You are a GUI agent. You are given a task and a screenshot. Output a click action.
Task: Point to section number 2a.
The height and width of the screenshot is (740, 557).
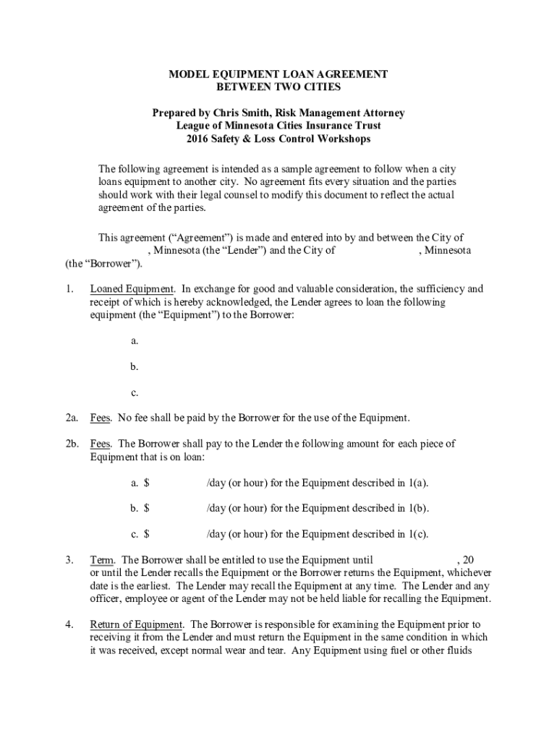(x=71, y=418)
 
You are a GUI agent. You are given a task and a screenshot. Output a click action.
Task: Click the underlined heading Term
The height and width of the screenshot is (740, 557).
(x=102, y=559)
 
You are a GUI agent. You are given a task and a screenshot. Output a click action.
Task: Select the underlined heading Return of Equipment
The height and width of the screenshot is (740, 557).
(x=136, y=624)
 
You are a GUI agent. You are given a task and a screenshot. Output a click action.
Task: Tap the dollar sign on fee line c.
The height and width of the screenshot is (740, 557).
(x=146, y=535)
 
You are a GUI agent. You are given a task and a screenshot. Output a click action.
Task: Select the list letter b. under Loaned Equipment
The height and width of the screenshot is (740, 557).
(x=135, y=367)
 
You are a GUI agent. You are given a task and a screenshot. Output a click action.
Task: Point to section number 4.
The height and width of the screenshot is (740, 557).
(x=69, y=624)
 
